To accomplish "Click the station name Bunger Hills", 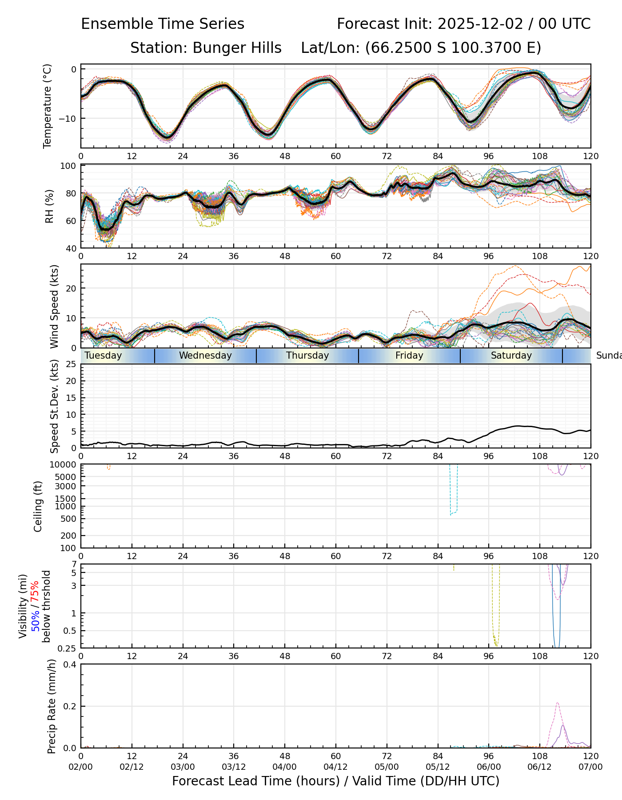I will coord(237,48).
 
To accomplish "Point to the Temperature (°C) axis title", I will coord(48,106).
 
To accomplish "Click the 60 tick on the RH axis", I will coord(72,221).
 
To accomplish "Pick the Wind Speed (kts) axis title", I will coord(54,307).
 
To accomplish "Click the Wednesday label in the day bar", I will coord(205,356).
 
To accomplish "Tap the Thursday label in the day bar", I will coord(307,356).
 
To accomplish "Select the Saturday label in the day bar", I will coord(511,356).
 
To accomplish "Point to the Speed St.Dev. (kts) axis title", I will coord(54,406).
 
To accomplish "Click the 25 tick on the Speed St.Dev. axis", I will coord(72,364).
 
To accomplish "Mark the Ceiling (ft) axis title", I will coord(38,506).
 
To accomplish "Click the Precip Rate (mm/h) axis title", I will coord(52,706).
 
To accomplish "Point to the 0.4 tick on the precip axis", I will coord(71,664).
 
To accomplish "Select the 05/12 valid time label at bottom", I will coord(438,768).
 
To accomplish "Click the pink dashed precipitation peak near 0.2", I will coord(558,703).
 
